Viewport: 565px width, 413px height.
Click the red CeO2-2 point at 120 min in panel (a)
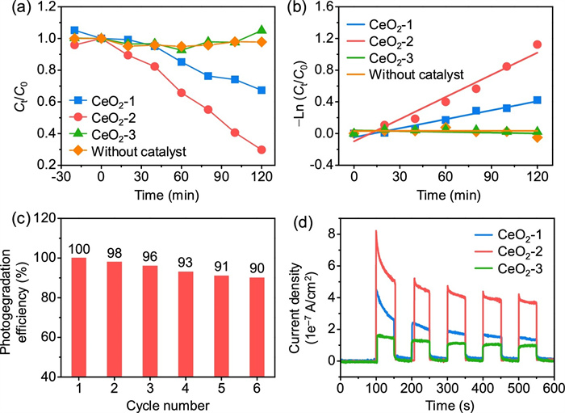coord(262,150)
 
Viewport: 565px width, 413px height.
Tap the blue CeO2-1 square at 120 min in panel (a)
coord(262,90)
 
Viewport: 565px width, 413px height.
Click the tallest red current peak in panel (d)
coord(376,233)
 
